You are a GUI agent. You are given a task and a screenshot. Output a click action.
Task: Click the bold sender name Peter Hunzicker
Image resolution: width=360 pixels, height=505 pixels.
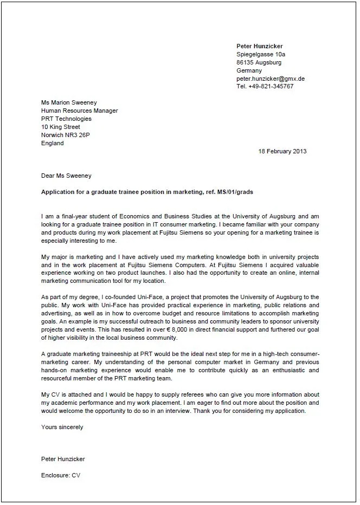[260, 46]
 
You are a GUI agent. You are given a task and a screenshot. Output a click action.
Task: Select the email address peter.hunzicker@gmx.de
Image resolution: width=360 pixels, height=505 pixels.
[271, 79]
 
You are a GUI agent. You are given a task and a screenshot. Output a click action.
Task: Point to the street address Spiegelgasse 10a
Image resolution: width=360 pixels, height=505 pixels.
[261, 55]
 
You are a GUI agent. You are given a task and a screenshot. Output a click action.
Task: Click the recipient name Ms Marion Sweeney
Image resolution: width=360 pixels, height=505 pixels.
[69, 102]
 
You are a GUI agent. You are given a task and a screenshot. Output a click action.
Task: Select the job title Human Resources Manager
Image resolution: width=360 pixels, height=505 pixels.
[79, 111]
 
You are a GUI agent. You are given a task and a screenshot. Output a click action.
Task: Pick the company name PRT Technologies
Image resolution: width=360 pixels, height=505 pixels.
[66, 119]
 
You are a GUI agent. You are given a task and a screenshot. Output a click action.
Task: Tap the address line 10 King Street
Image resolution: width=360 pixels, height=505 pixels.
[60, 127]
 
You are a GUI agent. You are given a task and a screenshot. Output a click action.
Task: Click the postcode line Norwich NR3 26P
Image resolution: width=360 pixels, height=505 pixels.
[66, 135]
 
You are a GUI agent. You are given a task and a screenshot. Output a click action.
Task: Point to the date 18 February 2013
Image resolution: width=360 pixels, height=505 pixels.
[282, 151]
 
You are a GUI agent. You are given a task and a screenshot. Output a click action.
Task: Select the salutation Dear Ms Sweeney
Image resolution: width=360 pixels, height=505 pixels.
[67, 176]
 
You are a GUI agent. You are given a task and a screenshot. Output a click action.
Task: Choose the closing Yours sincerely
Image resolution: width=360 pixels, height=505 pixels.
[62, 427]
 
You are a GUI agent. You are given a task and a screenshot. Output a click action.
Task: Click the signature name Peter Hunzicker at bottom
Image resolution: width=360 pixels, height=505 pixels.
[63, 459]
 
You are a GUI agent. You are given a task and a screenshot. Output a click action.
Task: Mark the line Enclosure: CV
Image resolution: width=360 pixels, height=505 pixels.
[61, 475]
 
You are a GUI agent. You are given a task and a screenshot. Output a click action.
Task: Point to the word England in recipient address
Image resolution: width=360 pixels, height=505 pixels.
[53, 143]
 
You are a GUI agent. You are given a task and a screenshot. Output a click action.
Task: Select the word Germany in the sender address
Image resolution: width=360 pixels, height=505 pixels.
[249, 70]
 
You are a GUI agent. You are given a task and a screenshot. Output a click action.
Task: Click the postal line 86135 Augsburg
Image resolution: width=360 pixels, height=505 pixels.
[259, 62]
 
